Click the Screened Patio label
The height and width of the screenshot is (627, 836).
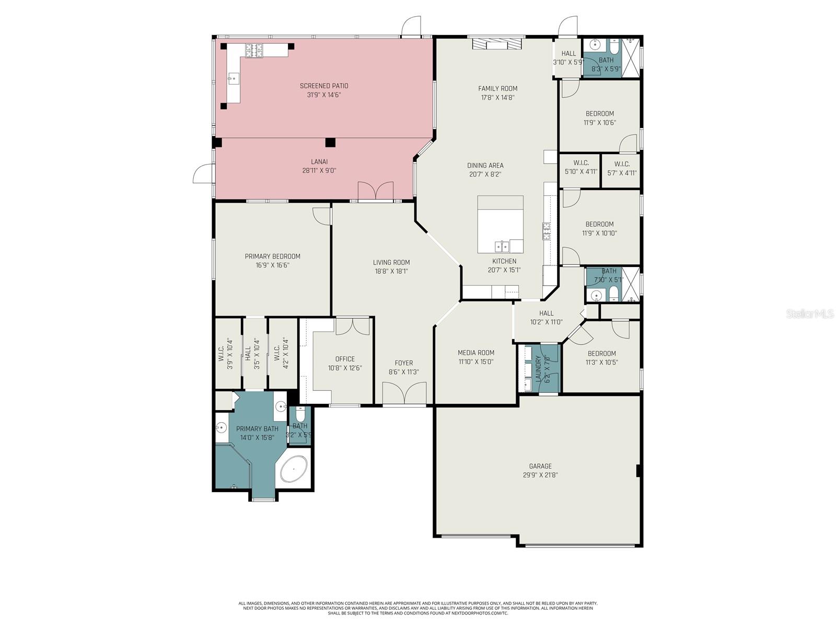tap(324, 86)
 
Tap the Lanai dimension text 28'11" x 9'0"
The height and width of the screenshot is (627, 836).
tap(319, 171)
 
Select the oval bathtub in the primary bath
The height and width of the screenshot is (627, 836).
tap(294, 469)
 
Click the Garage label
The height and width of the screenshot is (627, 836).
tap(540, 466)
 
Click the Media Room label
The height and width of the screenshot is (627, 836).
tap(476, 353)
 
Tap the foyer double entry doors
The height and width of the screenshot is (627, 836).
tap(404, 393)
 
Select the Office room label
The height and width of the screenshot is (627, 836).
tap(345, 359)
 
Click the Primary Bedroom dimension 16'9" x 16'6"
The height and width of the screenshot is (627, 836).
tap(272, 265)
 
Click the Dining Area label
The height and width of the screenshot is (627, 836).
tap(485, 166)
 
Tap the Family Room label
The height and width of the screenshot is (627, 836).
tap(497, 88)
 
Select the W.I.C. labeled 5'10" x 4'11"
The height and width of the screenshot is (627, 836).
tap(581, 168)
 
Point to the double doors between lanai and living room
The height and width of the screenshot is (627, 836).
tap(375, 191)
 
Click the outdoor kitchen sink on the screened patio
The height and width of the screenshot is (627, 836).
tap(234, 79)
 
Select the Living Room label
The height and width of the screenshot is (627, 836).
tap(391, 262)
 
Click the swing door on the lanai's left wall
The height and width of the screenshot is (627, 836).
tap(203, 173)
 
